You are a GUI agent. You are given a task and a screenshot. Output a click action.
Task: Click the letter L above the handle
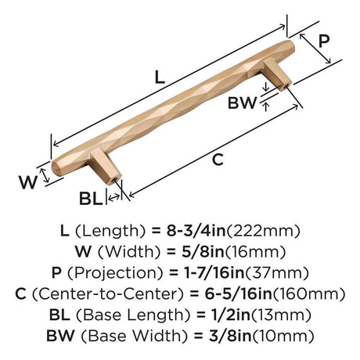160,77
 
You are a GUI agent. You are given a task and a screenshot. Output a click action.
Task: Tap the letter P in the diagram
324,41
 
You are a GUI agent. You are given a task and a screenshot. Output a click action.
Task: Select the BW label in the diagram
243,103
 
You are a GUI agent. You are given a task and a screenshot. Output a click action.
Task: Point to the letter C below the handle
218,160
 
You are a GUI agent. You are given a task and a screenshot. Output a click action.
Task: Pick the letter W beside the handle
28,182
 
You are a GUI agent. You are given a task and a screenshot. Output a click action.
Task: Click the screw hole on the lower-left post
114,180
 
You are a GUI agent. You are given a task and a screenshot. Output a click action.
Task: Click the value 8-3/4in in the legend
196,231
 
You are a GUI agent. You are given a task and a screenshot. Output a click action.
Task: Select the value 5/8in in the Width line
203,251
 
